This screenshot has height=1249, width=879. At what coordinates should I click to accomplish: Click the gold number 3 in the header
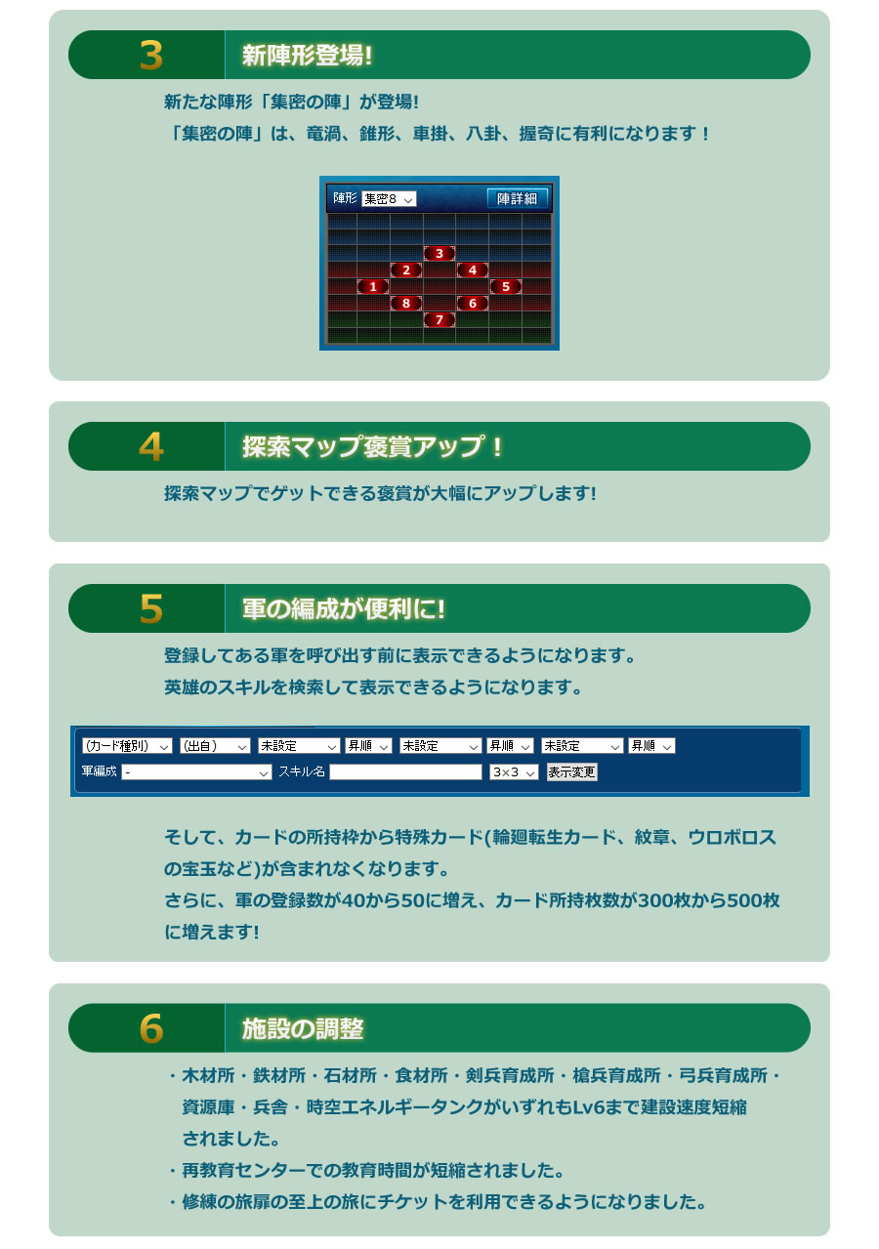click(x=151, y=56)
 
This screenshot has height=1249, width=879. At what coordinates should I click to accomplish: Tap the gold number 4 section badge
click(x=151, y=446)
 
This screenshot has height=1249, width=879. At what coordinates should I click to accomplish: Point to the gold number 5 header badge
click(x=151, y=608)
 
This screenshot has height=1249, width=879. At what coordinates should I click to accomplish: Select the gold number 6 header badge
click(x=151, y=1028)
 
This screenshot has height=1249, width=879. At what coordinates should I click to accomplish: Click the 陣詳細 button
click(x=517, y=198)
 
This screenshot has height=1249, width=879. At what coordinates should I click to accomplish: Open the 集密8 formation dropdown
click(x=388, y=199)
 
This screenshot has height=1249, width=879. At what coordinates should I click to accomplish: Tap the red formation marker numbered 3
click(x=439, y=254)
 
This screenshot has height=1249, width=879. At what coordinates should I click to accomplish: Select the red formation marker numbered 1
click(x=372, y=286)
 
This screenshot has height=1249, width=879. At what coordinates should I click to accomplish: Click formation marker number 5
click(x=505, y=286)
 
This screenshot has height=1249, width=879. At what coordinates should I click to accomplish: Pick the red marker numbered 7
click(x=439, y=319)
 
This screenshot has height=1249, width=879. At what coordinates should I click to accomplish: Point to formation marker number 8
click(x=405, y=304)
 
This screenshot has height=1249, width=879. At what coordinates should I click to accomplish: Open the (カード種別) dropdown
click(x=127, y=745)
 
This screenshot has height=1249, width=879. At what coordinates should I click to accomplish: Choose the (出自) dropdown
click(x=215, y=745)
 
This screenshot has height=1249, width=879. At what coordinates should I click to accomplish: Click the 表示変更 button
click(x=571, y=771)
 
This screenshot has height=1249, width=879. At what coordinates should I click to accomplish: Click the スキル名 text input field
click(x=405, y=771)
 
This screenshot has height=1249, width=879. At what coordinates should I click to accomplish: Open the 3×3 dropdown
click(x=514, y=771)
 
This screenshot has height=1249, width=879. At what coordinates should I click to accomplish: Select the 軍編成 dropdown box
click(x=196, y=771)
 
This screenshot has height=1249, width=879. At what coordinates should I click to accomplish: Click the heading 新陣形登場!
click(x=307, y=56)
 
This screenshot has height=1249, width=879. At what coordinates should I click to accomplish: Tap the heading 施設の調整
click(x=303, y=1028)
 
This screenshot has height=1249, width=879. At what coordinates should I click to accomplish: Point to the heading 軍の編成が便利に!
click(x=343, y=609)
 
